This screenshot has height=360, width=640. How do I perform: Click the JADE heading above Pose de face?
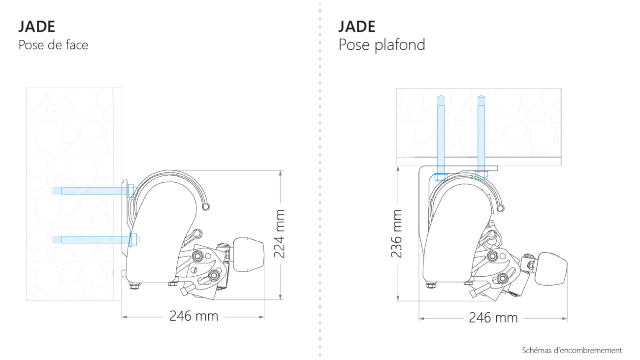click(x=36, y=27)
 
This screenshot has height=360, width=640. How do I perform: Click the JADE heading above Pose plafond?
click(x=357, y=27)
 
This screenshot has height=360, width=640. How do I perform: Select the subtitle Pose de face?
click(x=53, y=45)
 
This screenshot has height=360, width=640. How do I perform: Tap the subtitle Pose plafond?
click(x=382, y=45)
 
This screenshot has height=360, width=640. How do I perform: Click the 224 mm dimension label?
click(x=280, y=234)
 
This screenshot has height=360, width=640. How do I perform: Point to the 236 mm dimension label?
click(x=397, y=234)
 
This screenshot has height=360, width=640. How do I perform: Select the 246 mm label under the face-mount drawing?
click(x=193, y=316)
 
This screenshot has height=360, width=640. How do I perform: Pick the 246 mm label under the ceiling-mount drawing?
click(x=493, y=318)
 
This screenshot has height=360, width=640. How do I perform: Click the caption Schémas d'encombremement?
click(x=572, y=350)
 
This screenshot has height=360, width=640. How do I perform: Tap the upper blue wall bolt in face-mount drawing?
click(x=95, y=191)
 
